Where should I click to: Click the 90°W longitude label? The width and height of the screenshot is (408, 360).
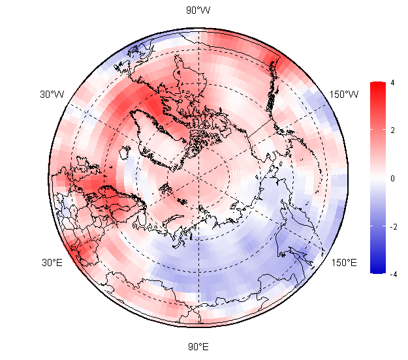pyautogui.click(x=198, y=10)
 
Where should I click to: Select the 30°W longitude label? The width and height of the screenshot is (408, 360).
pyautogui.click(x=52, y=95)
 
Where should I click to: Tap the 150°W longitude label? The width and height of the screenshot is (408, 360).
pyautogui.click(x=344, y=95)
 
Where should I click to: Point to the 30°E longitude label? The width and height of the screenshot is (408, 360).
pyautogui.click(x=52, y=263)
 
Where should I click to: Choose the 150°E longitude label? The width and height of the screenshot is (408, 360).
pyautogui.click(x=344, y=263)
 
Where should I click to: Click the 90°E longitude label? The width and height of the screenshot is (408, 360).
pyautogui.click(x=198, y=347)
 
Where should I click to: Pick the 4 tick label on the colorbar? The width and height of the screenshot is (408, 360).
pyautogui.click(x=392, y=83)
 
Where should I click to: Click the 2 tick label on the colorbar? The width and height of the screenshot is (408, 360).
pyautogui.click(x=392, y=130)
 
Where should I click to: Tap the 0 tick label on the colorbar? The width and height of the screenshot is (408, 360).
pyautogui.click(x=392, y=178)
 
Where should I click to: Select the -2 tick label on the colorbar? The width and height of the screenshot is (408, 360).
pyautogui.click(x=394, y=227)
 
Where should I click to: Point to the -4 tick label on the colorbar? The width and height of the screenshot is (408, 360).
pyautogui.click(x=394, y=275)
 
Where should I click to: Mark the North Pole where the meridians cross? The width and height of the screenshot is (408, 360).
pyautogui.click(x=198, y=177)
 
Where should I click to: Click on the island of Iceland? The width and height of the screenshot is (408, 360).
pyautogui.click(x=125, y=152)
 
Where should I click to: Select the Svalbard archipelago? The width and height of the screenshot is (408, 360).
pyautogui.click(x=166, y=188)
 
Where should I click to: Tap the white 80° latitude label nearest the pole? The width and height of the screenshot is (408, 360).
pyautogui.click(x=236, y=174)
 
